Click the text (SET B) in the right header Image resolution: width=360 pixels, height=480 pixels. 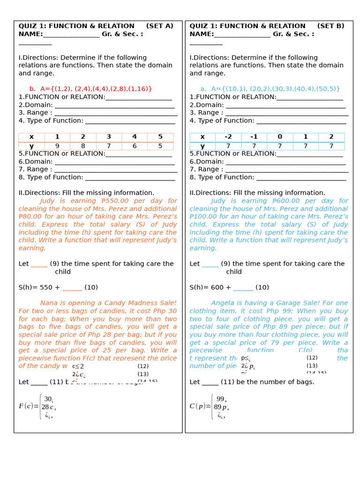coord(330,26)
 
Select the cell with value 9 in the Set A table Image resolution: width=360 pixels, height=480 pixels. coord(57,146)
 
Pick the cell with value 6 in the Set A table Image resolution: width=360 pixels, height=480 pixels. coord(135,146)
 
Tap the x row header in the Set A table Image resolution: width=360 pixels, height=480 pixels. coord(31,137)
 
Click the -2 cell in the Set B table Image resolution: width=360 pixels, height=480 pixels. coord(228,137)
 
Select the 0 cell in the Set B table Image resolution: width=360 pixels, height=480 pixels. coord(280,137)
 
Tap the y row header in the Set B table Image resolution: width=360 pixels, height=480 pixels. coord(202,146)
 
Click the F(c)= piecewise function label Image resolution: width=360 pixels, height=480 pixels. coord(29,406)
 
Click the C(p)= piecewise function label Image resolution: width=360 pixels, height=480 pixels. coord(200,406)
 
